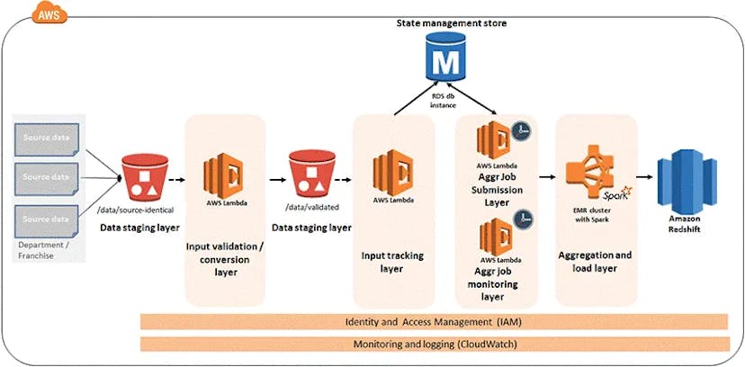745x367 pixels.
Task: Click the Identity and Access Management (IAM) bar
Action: coord(435,321)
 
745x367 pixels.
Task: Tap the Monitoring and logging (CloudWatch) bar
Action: coord(435,345)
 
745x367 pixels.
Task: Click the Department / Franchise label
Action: coord(42,250)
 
